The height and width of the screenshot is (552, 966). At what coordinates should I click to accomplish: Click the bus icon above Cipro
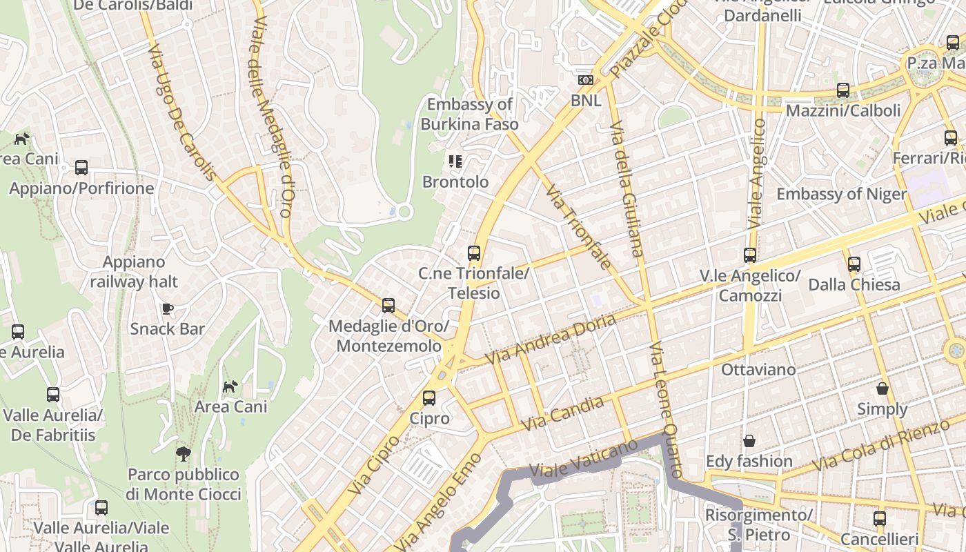[429, 398]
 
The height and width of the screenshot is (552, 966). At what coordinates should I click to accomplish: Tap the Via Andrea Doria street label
[550, 339]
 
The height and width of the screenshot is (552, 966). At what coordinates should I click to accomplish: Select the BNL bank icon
[586, 81]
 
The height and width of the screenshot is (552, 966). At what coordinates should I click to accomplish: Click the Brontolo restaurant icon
[455, 162]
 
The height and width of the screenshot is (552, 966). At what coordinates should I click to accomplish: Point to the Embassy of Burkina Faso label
[469, 115]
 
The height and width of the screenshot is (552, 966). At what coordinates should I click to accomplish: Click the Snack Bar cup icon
[166, 308]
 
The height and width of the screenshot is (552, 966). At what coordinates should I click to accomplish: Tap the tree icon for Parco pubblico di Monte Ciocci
[184, 454]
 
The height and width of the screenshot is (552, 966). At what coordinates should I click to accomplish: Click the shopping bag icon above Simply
[882, 389]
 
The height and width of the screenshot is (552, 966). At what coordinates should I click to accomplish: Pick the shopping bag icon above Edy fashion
[749, 441]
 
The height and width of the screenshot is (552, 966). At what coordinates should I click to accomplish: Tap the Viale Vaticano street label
[583, 459]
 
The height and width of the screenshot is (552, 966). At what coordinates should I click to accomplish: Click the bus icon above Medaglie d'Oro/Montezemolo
[388, 306]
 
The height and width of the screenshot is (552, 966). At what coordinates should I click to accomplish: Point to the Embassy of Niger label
[841, 194]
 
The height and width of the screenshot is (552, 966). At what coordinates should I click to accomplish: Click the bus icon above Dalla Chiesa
[854, 264]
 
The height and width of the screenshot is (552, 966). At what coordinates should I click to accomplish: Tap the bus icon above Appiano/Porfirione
[81, 168]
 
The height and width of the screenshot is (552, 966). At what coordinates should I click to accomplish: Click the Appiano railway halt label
[134, 272]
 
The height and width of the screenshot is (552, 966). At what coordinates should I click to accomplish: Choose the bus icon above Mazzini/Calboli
[842, 90]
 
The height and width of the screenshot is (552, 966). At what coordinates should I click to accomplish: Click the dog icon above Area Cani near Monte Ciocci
[230, 386]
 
